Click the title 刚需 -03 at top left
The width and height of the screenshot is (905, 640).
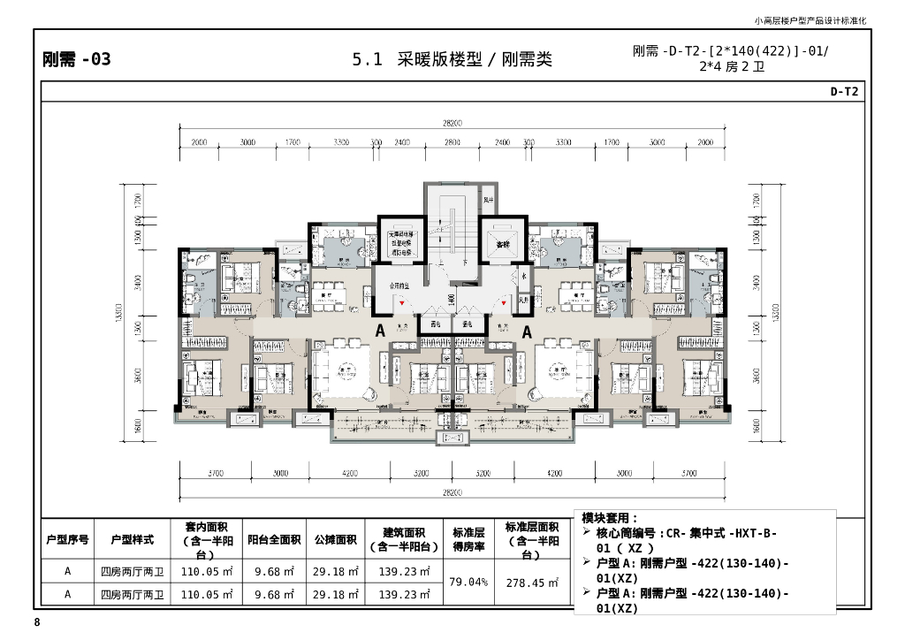click(x=77, y=60)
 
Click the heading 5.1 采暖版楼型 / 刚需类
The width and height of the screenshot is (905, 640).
click(x=452, y=60)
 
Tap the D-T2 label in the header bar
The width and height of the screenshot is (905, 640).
click(x=843, y=91)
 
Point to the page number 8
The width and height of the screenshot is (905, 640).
click(x=37, y=623)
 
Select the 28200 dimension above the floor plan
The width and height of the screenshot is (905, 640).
click(x=452, y=124)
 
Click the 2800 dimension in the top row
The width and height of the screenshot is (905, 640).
click(x=452, y=142)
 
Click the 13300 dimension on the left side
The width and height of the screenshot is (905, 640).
click(x=119, y=314)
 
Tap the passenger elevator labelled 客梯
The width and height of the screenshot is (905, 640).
click(x=502, y=242)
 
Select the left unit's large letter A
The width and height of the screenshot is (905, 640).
click(x=380, y=331)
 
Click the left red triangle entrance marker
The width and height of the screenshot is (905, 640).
click(x=403, y=304)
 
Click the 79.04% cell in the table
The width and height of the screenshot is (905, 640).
click(x=468, y=583)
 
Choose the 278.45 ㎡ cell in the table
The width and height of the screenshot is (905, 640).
click(x=532, y=583)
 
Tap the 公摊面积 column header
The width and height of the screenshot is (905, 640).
click(x=335, y=539)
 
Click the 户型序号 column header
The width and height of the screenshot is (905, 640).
click(x=67, y=539)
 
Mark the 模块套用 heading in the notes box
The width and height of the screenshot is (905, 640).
click(x=610, y=518)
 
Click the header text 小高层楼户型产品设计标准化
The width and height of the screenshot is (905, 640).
click(x=810, y=19)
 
